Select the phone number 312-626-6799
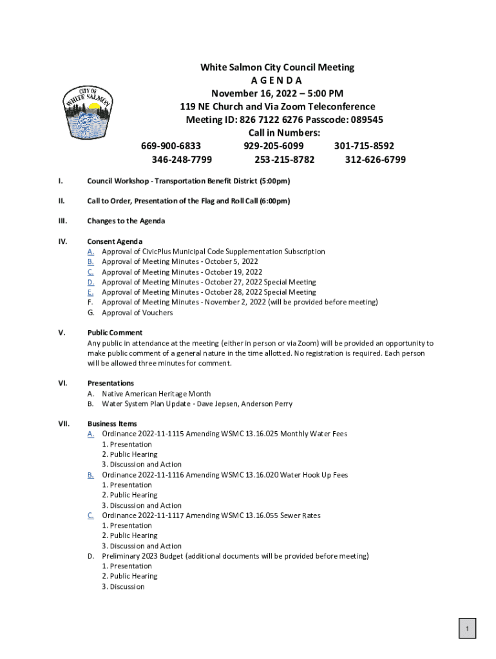pyautogui.click(x=375, y=160)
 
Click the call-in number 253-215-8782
pyautogui.click(x=285, y=160)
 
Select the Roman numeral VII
pyautogui.click(x=64, y=424)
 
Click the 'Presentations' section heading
pyautogui.click(x=110, y=383)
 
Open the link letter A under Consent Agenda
pyautogui.click(x=91, y=252)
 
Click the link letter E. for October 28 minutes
pyautogui.click(x=91, y=292)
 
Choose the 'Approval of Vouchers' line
pyautogui.click(x=137, y=313)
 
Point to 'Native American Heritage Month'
pyautogui.click(x=156, y=394)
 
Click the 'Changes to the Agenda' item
pyautogui.click(x=126, y=221)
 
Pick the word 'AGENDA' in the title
pyautogui.click(x=277, y=80)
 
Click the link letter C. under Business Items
pyautogui.click(x=91, y=515)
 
